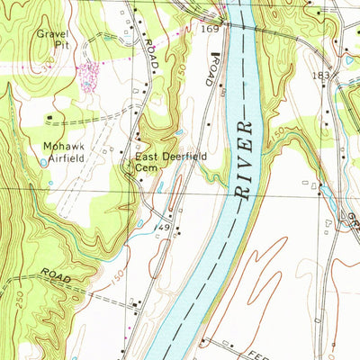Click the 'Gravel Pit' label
[52, 40]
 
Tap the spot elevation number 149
[162, 229]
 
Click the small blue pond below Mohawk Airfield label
[43, 163]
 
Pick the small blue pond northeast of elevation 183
[349, 60]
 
